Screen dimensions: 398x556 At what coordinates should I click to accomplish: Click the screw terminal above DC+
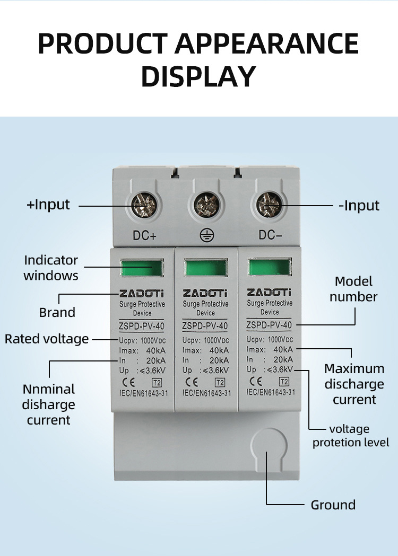142,204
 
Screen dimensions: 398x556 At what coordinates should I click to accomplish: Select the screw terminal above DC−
268,204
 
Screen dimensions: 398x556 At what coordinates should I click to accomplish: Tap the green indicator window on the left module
141,269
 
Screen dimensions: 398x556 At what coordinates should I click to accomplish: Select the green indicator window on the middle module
205,268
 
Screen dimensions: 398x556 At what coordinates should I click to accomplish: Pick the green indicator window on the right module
270,267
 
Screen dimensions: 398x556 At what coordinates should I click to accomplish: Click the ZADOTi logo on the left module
142,293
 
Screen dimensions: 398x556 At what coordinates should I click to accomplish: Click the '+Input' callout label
48,205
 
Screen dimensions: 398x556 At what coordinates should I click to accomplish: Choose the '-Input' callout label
359,206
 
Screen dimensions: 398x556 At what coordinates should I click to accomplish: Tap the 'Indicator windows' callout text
51,268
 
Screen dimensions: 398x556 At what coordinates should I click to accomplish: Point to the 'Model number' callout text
353,289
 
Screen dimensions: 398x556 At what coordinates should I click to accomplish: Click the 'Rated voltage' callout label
47,339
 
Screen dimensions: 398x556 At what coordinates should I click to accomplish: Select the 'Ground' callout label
333,505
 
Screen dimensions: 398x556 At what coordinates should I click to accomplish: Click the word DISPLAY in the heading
198,76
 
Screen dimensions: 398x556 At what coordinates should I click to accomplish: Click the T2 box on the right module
284,381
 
